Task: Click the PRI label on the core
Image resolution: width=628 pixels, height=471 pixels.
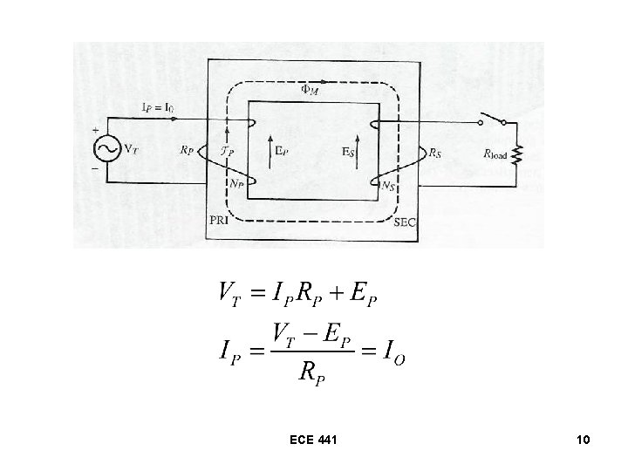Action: click(222, 222)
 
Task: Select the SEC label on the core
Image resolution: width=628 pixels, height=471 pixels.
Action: click(406, 222)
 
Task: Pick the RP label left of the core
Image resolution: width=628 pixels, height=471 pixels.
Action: click(188, 150)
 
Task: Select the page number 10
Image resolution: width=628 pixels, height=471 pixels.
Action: click(584, 441)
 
